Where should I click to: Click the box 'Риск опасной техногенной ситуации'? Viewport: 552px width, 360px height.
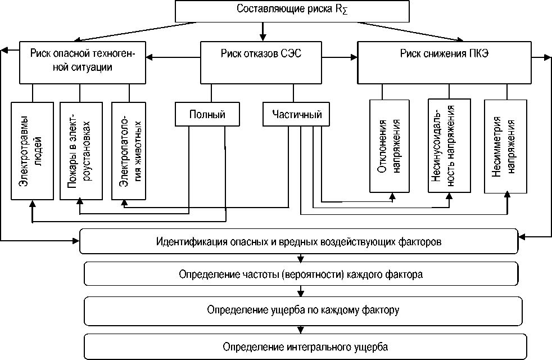(85, 61)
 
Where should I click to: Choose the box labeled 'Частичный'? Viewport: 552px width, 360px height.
(296, 115)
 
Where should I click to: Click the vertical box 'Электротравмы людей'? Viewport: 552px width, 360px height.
(33, 151)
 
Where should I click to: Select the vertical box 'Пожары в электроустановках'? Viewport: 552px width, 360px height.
(80, 151)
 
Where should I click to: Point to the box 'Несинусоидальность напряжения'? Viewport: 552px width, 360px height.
(449, 145)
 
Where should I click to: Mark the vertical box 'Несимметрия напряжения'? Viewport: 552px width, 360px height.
(506, 146)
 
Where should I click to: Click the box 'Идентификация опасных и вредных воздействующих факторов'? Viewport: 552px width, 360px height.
(298, 242)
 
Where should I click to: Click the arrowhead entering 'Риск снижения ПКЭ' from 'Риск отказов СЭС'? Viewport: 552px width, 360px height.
(354, 57)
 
